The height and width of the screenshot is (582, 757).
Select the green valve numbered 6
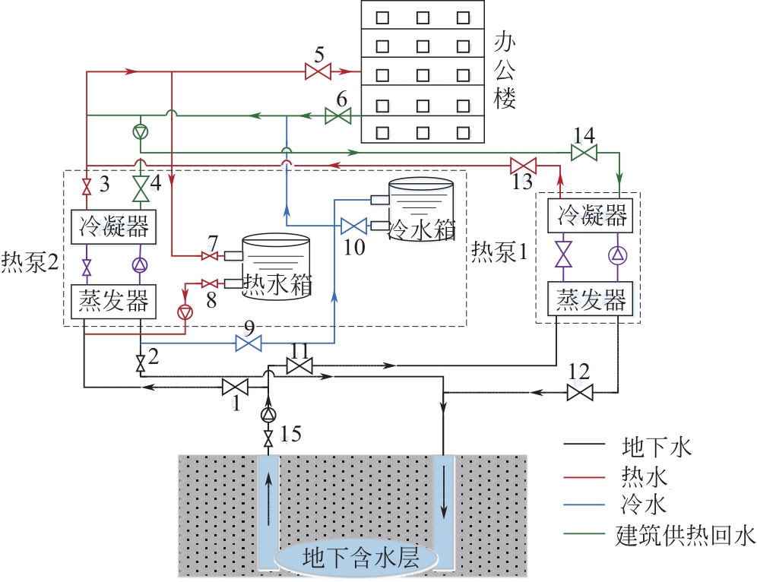point(337,116)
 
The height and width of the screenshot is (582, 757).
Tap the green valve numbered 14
point(584,153)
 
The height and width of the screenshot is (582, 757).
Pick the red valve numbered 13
point(522,165)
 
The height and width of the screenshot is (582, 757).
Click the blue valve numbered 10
point(352,226)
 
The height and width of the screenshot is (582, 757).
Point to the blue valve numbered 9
point(248,344)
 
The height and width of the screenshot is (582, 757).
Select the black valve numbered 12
point(580,393)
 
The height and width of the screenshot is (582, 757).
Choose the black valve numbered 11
point(299,366)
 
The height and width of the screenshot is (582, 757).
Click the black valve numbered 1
point(233,387)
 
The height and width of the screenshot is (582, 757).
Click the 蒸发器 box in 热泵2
point(113,301)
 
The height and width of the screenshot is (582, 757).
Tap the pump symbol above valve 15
point(268,415)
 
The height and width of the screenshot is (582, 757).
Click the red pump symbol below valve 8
point(185,311)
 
